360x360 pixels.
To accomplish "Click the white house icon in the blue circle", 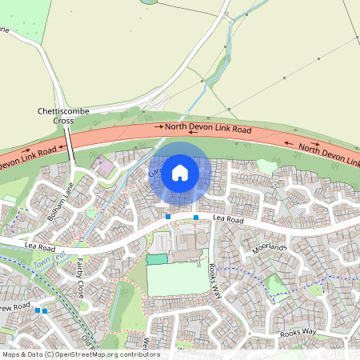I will (180, 173).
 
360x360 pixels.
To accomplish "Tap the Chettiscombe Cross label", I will (63, 115).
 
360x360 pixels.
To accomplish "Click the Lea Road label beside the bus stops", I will (228, 218).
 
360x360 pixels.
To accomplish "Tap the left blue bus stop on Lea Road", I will (168, 217).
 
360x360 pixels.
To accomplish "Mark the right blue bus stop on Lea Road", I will (196, 217).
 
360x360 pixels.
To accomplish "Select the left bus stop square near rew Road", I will (37, 310).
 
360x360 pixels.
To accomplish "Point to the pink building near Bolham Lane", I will (105, 169).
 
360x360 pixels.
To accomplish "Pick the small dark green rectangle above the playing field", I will (158, 259).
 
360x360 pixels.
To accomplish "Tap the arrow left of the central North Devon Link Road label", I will (158, 127).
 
